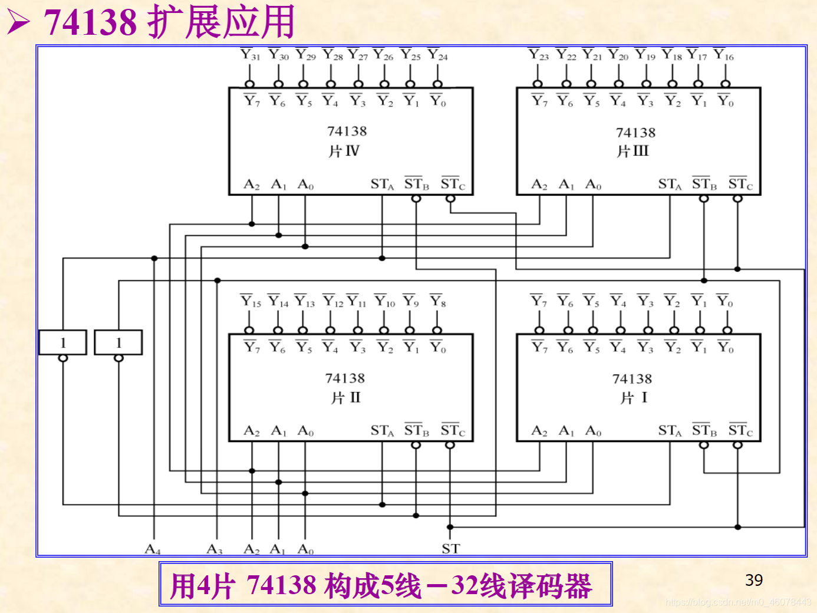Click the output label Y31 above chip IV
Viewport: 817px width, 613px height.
251,55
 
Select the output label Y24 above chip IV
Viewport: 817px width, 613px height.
438,55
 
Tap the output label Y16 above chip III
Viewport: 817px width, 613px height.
724,55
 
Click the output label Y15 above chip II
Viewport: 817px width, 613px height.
251,302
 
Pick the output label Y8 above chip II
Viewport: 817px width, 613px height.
438,302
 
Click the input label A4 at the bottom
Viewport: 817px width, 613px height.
153,549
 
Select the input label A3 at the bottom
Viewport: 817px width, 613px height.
215,549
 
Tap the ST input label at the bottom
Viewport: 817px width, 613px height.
450,549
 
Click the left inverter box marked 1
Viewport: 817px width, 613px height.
63,342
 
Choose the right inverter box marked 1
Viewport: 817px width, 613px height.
118,342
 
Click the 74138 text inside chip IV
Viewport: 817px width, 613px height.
347,131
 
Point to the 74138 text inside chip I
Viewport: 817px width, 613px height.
632,378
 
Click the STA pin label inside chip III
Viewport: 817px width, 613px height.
670,184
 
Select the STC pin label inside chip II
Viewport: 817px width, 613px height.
453,431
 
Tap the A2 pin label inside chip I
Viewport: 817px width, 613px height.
539,431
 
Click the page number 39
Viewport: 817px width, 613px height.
754,580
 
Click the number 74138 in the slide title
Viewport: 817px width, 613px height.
90,22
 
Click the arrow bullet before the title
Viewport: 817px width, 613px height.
18,23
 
